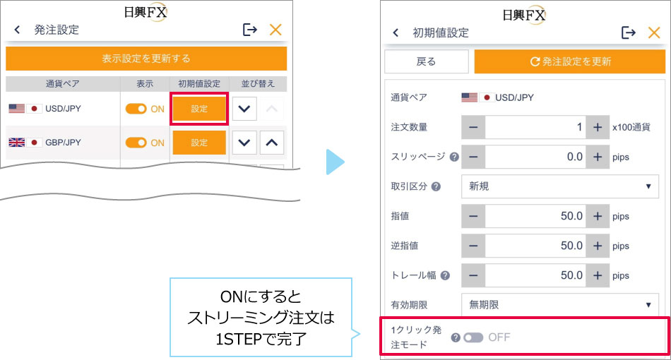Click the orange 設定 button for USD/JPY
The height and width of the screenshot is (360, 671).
199,109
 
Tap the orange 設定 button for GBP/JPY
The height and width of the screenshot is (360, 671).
199,143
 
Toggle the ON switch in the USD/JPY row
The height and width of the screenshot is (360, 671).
136,109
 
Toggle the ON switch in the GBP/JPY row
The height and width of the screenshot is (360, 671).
136,143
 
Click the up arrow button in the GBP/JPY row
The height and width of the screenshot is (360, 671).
272,143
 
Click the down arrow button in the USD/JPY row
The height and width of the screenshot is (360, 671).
244,109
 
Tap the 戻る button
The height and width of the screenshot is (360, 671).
426,61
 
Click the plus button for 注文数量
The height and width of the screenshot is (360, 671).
598,127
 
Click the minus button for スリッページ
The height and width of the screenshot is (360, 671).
473,157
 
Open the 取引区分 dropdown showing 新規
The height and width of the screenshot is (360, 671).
559,186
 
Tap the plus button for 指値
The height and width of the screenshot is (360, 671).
598,216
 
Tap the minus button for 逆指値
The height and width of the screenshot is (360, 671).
473,246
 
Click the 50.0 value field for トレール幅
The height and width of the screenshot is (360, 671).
535,275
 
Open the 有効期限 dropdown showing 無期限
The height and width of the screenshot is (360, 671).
559,305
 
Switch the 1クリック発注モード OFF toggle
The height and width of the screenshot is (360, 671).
473,338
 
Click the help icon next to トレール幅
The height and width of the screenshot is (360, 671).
445,275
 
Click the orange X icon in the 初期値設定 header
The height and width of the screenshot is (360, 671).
654,32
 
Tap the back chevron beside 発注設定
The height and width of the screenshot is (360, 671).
17,30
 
